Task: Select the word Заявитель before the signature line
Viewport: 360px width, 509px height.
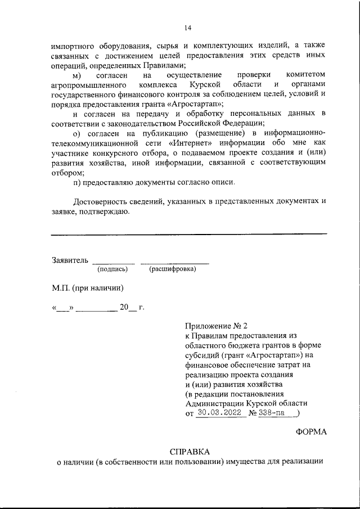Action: tap(70, 260)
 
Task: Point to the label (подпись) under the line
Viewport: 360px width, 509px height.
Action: tap(112, 269)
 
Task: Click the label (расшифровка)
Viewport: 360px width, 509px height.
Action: tap(173, 269)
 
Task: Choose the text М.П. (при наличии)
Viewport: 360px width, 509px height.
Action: tap(87, 288)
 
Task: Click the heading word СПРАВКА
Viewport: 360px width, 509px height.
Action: tap(189, 452)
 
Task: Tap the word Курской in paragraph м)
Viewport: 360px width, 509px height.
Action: tap(204, 84)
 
